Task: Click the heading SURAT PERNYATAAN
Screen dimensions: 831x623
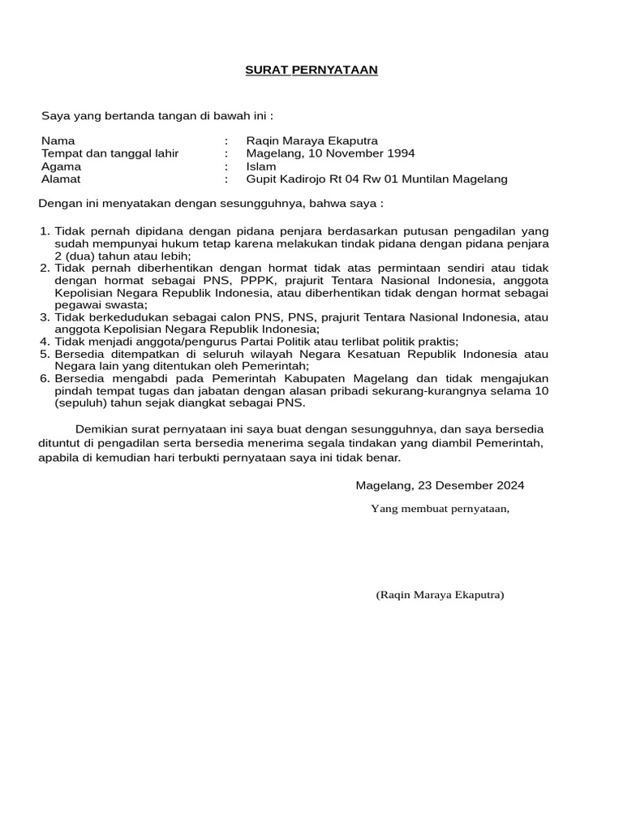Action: point(311,71)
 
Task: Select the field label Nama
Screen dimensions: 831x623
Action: point(58,140)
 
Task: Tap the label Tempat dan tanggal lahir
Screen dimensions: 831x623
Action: point(110,153)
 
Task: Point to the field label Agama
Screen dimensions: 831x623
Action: point(61,166)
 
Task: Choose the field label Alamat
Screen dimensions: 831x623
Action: point(61,179)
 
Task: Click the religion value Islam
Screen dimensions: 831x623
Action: point(260,166)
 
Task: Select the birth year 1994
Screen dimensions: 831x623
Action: point(401,153)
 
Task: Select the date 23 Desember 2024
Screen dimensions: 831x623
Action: point(459,485)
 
